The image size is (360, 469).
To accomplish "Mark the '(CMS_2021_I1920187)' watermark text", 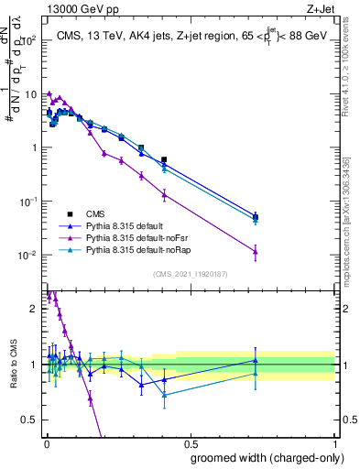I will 190,274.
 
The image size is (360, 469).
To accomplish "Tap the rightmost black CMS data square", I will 256,217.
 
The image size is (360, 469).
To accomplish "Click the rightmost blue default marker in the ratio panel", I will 256,360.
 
